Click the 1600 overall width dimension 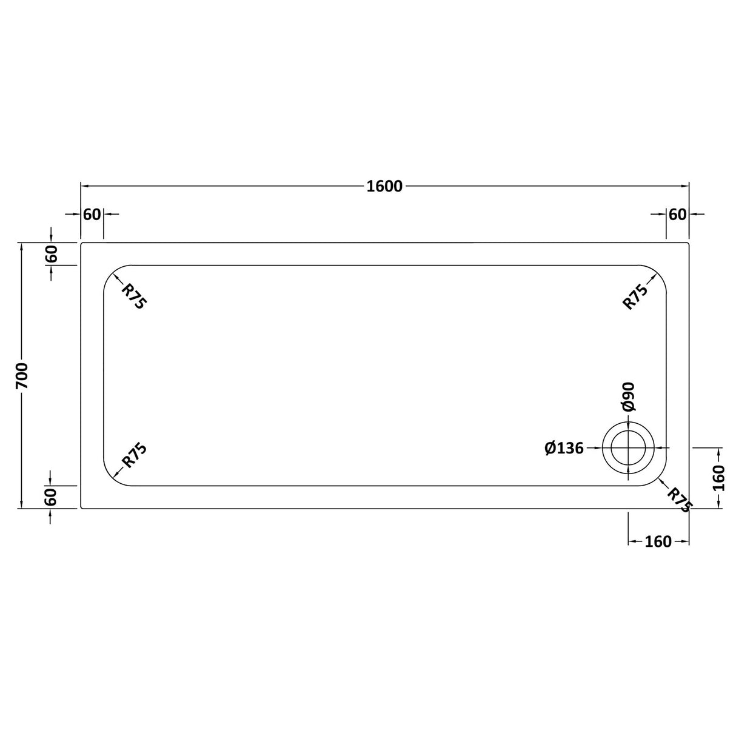(x=384, y=186)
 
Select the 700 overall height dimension (x=22, y=376)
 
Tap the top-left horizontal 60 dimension (x=92, y=215)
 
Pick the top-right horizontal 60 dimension (x=677, y=215)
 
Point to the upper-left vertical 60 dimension (x=52, y=253)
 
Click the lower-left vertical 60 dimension (x=52, y=497)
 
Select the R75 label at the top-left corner (x=134, y=296)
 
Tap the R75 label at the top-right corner (x=636, y=296)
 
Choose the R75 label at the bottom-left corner (x=134, y=455)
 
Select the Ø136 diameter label (x=564, y=449)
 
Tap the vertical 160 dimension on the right (x=719, y=478)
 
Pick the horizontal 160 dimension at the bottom (x=658, y=541)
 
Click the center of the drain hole (x=628, y=449)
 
